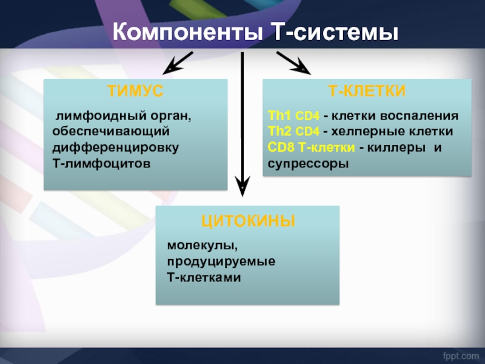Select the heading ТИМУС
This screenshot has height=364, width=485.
coord(135,91)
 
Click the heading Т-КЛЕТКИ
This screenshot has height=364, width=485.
coord(367,91)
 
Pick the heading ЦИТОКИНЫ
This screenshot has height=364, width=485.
coord(248,221)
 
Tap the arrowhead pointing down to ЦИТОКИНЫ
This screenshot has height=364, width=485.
coord(242,185)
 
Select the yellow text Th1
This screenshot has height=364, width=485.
coord(279,116)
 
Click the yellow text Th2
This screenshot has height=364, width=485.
coord(279,132)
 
